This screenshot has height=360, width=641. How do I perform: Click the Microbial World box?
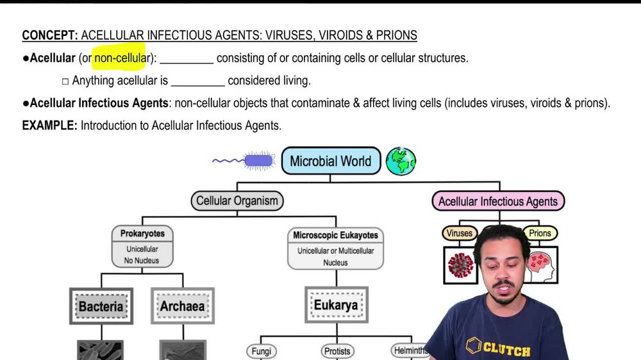[331, 161]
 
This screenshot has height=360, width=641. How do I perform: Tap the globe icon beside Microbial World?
[401, 161]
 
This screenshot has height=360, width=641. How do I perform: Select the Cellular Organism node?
[237, 200]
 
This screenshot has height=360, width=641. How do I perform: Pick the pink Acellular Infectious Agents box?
[498, 201]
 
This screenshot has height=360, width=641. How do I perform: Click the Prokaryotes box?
[142, 246]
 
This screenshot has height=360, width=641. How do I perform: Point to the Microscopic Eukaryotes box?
[335, 248]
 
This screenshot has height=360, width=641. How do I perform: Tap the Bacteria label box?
[101, 306]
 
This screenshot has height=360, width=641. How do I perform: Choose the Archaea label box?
[183, 306]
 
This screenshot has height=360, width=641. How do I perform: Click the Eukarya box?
[335, 305]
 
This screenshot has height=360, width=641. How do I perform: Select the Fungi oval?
[261, 351]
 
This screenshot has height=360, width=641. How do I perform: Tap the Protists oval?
[337, 351]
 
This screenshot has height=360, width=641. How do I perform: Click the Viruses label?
[460, 233]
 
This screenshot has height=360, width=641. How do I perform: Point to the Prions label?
[540, 233]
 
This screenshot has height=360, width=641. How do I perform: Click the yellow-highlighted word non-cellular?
[121, 58]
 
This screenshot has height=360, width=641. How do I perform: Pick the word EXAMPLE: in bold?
[49, 126]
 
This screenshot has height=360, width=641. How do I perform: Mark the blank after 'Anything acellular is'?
[198, 81]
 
